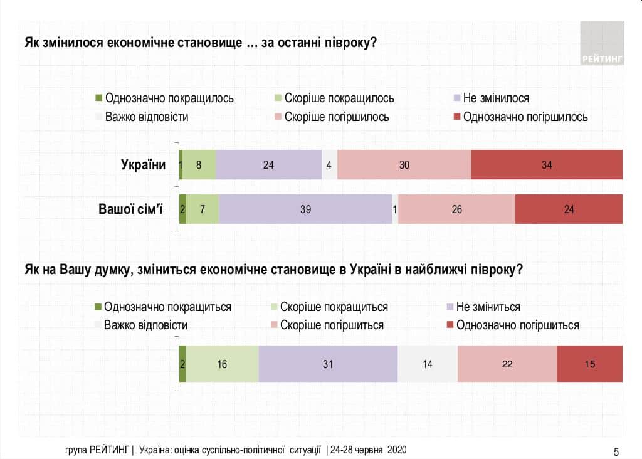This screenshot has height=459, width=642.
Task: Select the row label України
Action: point(143,165)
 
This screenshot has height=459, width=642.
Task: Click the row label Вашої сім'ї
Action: point(130,209)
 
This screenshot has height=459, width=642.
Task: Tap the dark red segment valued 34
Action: point(547,165)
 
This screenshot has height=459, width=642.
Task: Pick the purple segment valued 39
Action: point(305,209)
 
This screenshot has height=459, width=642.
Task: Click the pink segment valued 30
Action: point(404,165)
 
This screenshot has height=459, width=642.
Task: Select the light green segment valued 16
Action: point(222,364)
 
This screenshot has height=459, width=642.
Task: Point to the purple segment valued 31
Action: point(328,364)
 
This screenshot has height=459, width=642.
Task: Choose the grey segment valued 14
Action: point(428,364)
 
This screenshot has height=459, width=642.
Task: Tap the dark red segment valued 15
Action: point(589,364)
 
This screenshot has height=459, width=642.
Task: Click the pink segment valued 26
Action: point(456,209)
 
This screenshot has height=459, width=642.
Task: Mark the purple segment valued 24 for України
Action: point(268,165)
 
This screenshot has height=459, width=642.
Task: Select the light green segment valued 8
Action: point(199,165)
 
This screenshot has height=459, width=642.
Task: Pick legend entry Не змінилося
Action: point(495,98)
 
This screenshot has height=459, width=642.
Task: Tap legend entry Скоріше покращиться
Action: point(334,307)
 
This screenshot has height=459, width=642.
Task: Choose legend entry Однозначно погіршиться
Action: point(517,325)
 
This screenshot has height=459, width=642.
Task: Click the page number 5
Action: point(616,451)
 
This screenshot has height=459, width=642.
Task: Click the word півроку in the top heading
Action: point(348,43)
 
